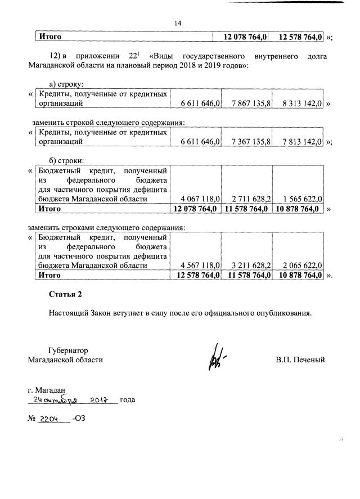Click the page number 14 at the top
click(178, 23)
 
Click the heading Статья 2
click(65, 294)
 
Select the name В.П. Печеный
click(300, 359)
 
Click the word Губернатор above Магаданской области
click(68, 350)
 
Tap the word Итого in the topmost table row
click(49, 37)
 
